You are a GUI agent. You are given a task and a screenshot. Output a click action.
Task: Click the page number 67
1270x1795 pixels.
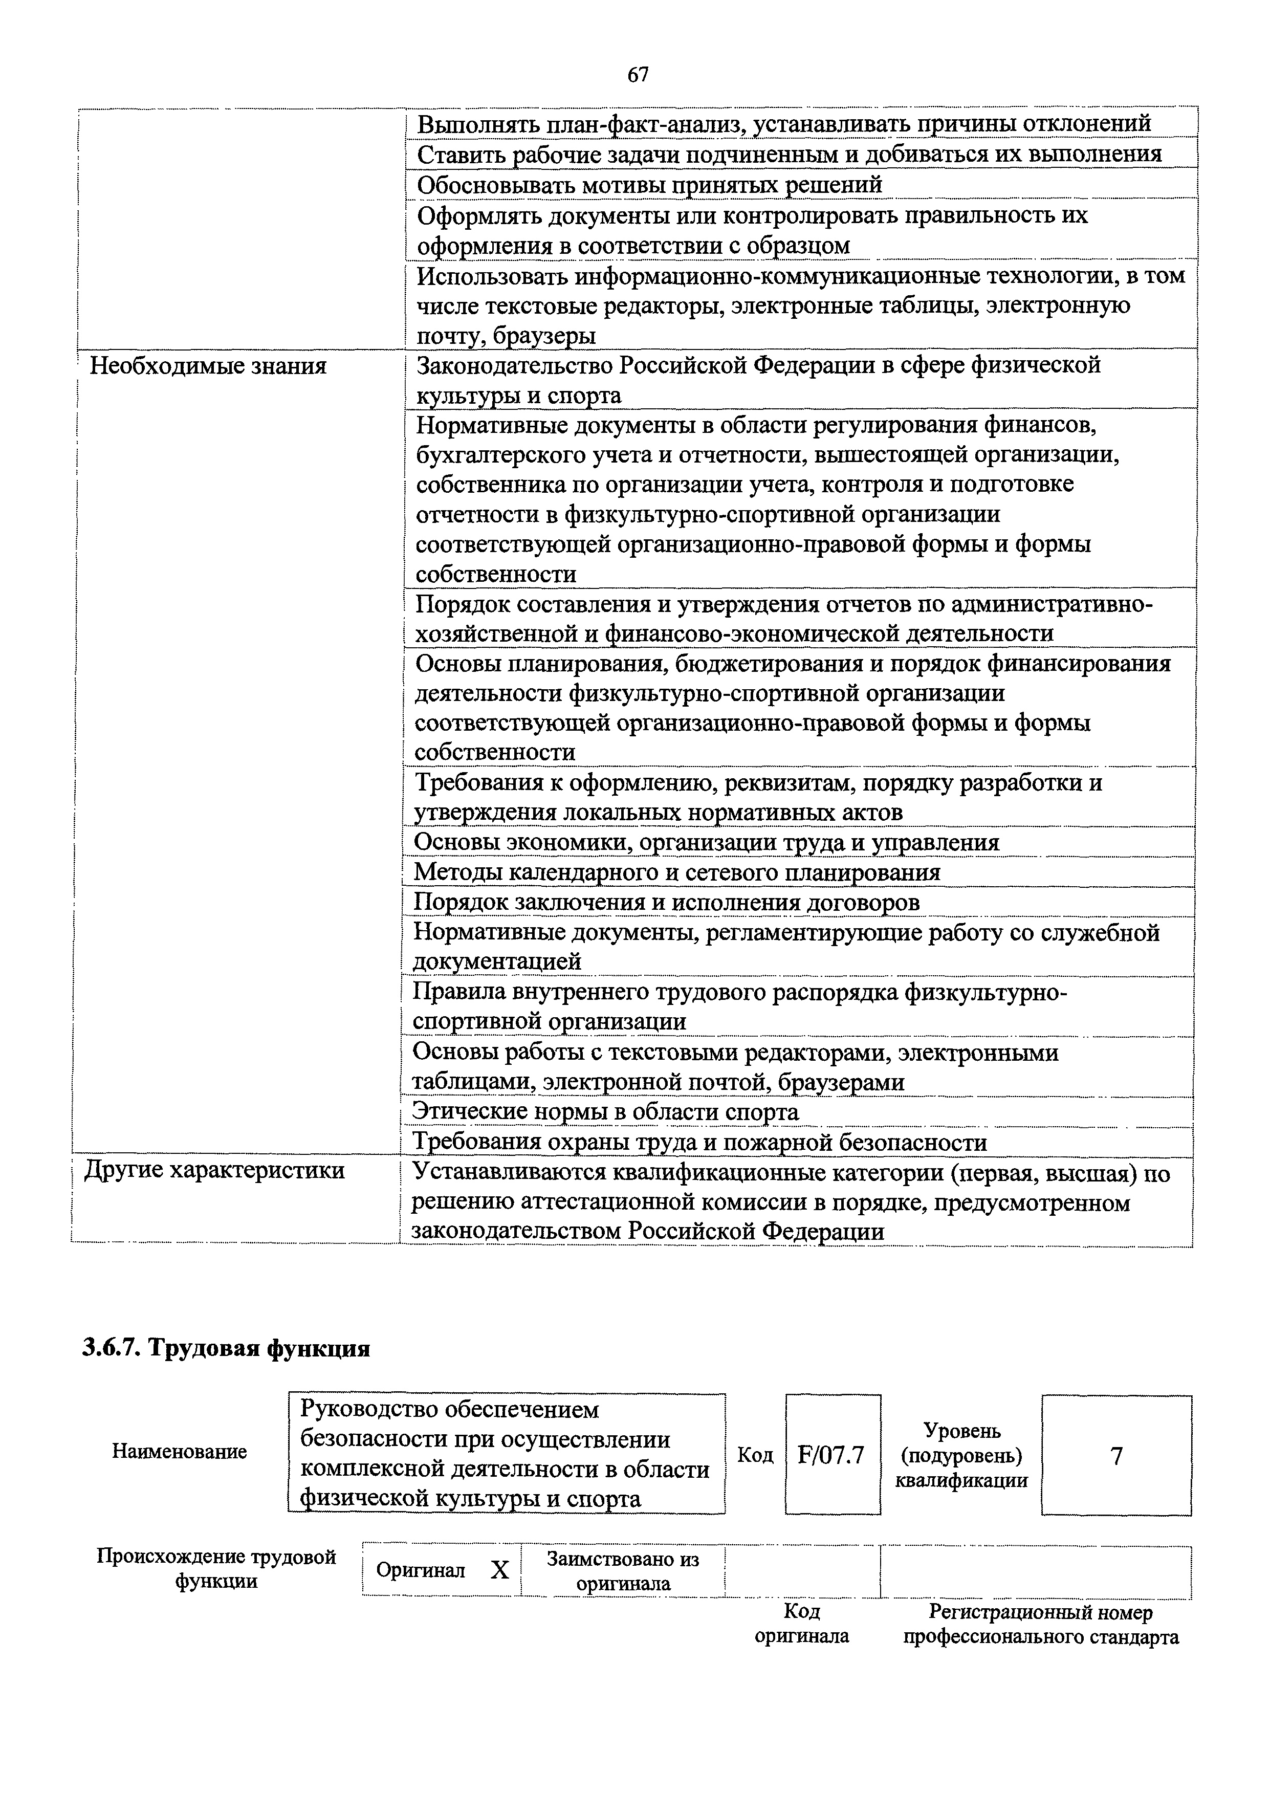[x=638, y=75]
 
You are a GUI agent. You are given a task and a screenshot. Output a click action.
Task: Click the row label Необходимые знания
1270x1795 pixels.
[x=208, y=366]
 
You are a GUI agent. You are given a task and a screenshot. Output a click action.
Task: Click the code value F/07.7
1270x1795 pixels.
[x=831, y=1455]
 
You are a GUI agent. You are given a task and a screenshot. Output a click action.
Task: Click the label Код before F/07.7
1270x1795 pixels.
[x=755, y=1455]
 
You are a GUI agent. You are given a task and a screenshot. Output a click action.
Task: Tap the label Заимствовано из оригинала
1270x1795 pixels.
[x=623, y=1571]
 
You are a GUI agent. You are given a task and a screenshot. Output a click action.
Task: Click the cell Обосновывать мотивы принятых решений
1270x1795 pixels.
[x=649, y=185]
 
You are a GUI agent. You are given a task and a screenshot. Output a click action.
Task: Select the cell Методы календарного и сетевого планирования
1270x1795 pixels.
[x=676, y=872]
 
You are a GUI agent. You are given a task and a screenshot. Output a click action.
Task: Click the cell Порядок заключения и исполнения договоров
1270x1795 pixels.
[x=666, y=902]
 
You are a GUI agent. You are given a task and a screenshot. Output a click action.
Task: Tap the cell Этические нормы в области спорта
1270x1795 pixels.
[x=606, y=1111]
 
